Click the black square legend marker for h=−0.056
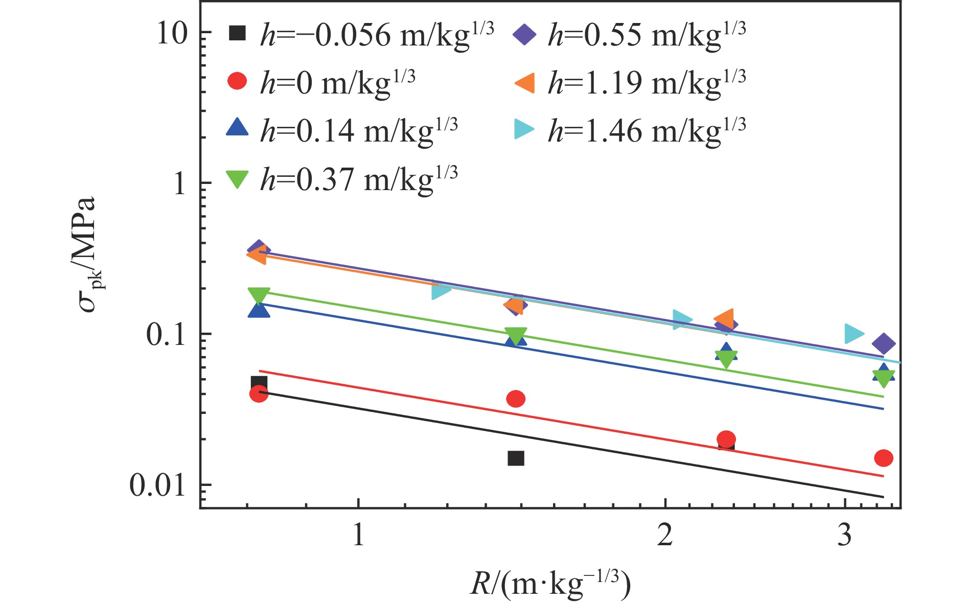(x=237, y=34)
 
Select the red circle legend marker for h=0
(x=237, y=81)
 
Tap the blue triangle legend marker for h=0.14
(x=237, y=128)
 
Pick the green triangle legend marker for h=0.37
(x=237, y=178)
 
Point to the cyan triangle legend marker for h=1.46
(x=524, y=130)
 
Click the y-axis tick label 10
(x=172, y=34)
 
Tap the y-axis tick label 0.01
(x=157, y=485)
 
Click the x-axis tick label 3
(x=845, y=535)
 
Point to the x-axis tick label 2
(x=664, y=535)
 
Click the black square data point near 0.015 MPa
(x=516, y=458)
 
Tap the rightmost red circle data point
(x=883, y=458)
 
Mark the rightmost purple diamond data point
(x=884, y=343)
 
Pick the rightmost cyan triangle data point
(x=853, y=334)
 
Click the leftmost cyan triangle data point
(x=441, y=291)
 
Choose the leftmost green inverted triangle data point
(x=259, y=295)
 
